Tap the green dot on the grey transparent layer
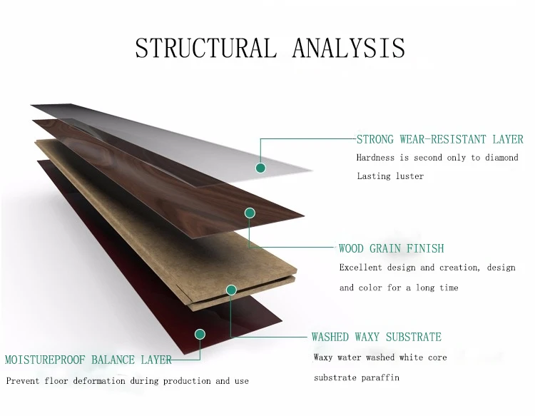260,168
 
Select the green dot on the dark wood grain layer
250,213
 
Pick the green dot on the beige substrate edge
231,290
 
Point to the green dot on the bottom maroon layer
200,333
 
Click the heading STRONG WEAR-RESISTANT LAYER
439,140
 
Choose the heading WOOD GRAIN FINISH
391,249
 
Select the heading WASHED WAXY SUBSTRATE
376,337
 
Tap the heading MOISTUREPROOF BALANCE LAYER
88,360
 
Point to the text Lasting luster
390,176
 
